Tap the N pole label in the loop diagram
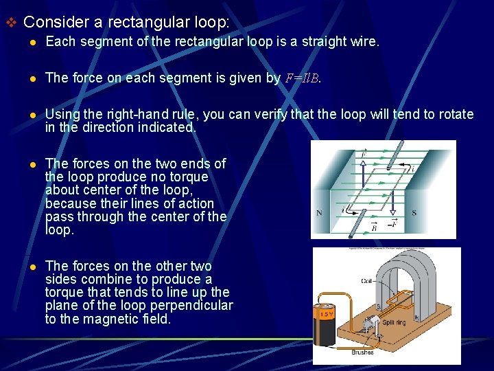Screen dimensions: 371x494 [319, 214]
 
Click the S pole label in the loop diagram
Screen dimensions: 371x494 [414, 214]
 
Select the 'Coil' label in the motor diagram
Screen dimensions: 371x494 [367, 281]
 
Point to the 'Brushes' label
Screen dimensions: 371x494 [362, 352]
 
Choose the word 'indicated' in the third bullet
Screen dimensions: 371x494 [165, 127]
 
